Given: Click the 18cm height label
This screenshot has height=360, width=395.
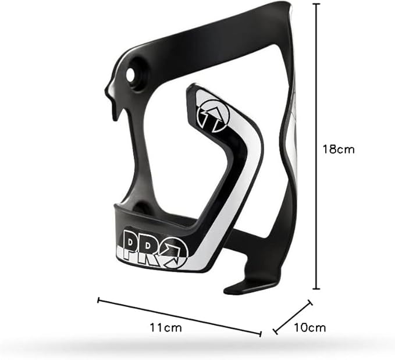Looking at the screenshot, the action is click(x=339, y=149).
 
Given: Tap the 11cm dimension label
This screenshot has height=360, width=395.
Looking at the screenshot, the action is click(x=166, y=328).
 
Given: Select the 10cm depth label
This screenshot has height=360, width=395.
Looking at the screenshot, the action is click(x=310, y=327).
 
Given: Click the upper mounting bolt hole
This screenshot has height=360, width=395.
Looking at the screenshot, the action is click(x=131, y=73).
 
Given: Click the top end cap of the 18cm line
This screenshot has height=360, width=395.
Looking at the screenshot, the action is click(x=316, y=4).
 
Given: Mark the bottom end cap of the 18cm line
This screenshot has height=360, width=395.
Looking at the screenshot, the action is click(x=316, y=289).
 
